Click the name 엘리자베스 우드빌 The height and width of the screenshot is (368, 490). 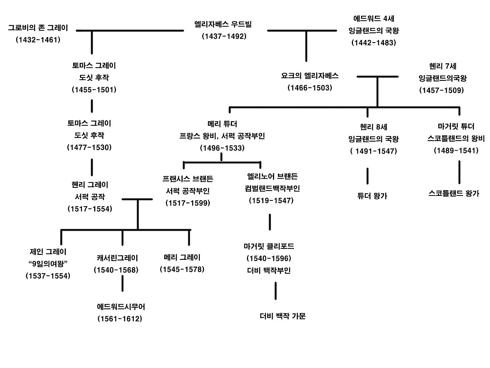click(223, 25)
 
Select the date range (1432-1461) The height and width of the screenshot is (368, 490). click(38, 40)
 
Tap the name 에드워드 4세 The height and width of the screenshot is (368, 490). click(374, 18)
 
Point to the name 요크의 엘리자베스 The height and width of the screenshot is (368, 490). click(310, 76)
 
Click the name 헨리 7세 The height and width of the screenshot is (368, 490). click(443, 66)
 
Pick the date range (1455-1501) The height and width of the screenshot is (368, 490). click(94, 90)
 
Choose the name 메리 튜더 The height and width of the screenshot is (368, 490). click(222, 124)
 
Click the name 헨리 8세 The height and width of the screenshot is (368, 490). click(374, 127)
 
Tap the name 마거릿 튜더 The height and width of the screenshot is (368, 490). click(456, 127)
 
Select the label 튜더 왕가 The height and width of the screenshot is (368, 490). click(372, 196)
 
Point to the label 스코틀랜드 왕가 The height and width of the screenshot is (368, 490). click(454, 194)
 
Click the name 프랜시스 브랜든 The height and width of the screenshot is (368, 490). click(188, 179)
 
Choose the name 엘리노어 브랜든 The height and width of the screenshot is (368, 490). click(272, 176)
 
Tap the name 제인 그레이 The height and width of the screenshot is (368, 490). click(48, 252)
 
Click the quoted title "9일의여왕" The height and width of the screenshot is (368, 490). click(48, 264)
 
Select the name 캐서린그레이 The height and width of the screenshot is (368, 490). click(117, 258)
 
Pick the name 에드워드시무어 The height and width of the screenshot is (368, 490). click(121, 307)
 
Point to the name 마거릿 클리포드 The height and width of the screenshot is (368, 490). click(269, 246)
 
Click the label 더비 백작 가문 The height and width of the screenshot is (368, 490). click(283, 316)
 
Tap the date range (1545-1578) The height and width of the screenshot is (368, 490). click(182, 269)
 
